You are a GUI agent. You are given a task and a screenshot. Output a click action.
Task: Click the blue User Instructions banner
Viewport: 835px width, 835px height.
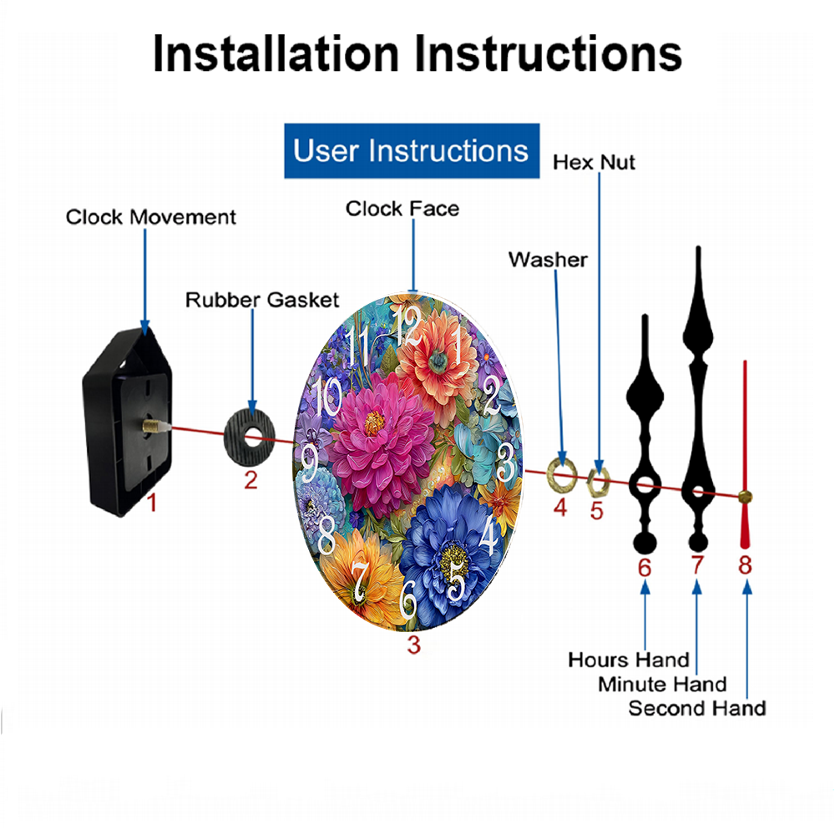412,150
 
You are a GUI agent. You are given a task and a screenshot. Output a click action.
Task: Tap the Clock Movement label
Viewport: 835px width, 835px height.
150,217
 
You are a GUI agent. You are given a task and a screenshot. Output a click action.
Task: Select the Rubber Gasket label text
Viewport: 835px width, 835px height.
262,300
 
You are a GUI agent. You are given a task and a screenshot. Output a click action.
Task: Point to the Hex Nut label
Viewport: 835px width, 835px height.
594,163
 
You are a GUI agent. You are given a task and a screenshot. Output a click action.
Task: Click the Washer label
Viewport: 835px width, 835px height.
548,260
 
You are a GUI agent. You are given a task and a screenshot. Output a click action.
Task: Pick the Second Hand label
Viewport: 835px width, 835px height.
697,708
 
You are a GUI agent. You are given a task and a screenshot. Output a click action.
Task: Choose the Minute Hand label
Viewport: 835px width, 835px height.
662,685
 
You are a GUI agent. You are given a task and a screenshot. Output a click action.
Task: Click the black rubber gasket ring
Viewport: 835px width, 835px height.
249,438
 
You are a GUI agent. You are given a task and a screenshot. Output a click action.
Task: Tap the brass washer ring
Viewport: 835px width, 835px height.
562,473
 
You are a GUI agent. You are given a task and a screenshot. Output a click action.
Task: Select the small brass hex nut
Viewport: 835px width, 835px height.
598,482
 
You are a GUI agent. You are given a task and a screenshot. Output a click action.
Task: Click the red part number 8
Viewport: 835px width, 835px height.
745,565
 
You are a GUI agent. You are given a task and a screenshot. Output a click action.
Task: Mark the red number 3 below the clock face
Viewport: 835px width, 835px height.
414,645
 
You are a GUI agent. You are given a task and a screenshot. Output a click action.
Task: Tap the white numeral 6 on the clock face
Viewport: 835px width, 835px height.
408,599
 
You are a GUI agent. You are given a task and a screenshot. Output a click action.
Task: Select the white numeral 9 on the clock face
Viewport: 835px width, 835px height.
310,463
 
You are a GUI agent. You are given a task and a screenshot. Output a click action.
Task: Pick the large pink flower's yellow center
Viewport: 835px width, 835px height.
374,423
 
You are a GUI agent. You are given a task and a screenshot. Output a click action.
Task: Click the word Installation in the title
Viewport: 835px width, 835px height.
276,53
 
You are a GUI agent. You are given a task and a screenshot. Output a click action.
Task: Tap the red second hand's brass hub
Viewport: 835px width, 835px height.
745,497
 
